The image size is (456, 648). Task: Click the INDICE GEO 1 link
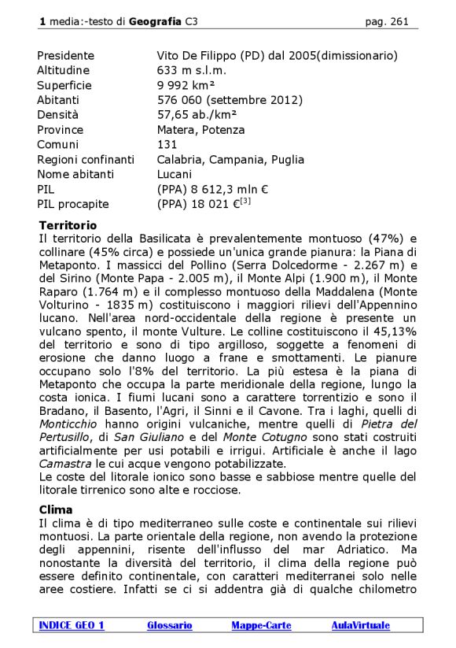[x=72, y=625]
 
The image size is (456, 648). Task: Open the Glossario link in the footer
[x=169, y=625]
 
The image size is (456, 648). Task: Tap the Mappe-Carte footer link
[x=261, y=625]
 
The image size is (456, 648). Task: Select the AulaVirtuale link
[x=360, y=625]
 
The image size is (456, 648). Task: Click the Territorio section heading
[x=68, y=224]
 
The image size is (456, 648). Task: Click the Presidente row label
[x=65, y=56]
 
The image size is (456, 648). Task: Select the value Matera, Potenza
[x=200, y=130]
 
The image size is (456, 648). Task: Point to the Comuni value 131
[x=167, y=145]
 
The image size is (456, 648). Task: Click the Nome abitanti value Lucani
[x=175, y=174]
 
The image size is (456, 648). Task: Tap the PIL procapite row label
[x=72, y=204]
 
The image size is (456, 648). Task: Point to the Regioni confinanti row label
[x=85, y=159]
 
